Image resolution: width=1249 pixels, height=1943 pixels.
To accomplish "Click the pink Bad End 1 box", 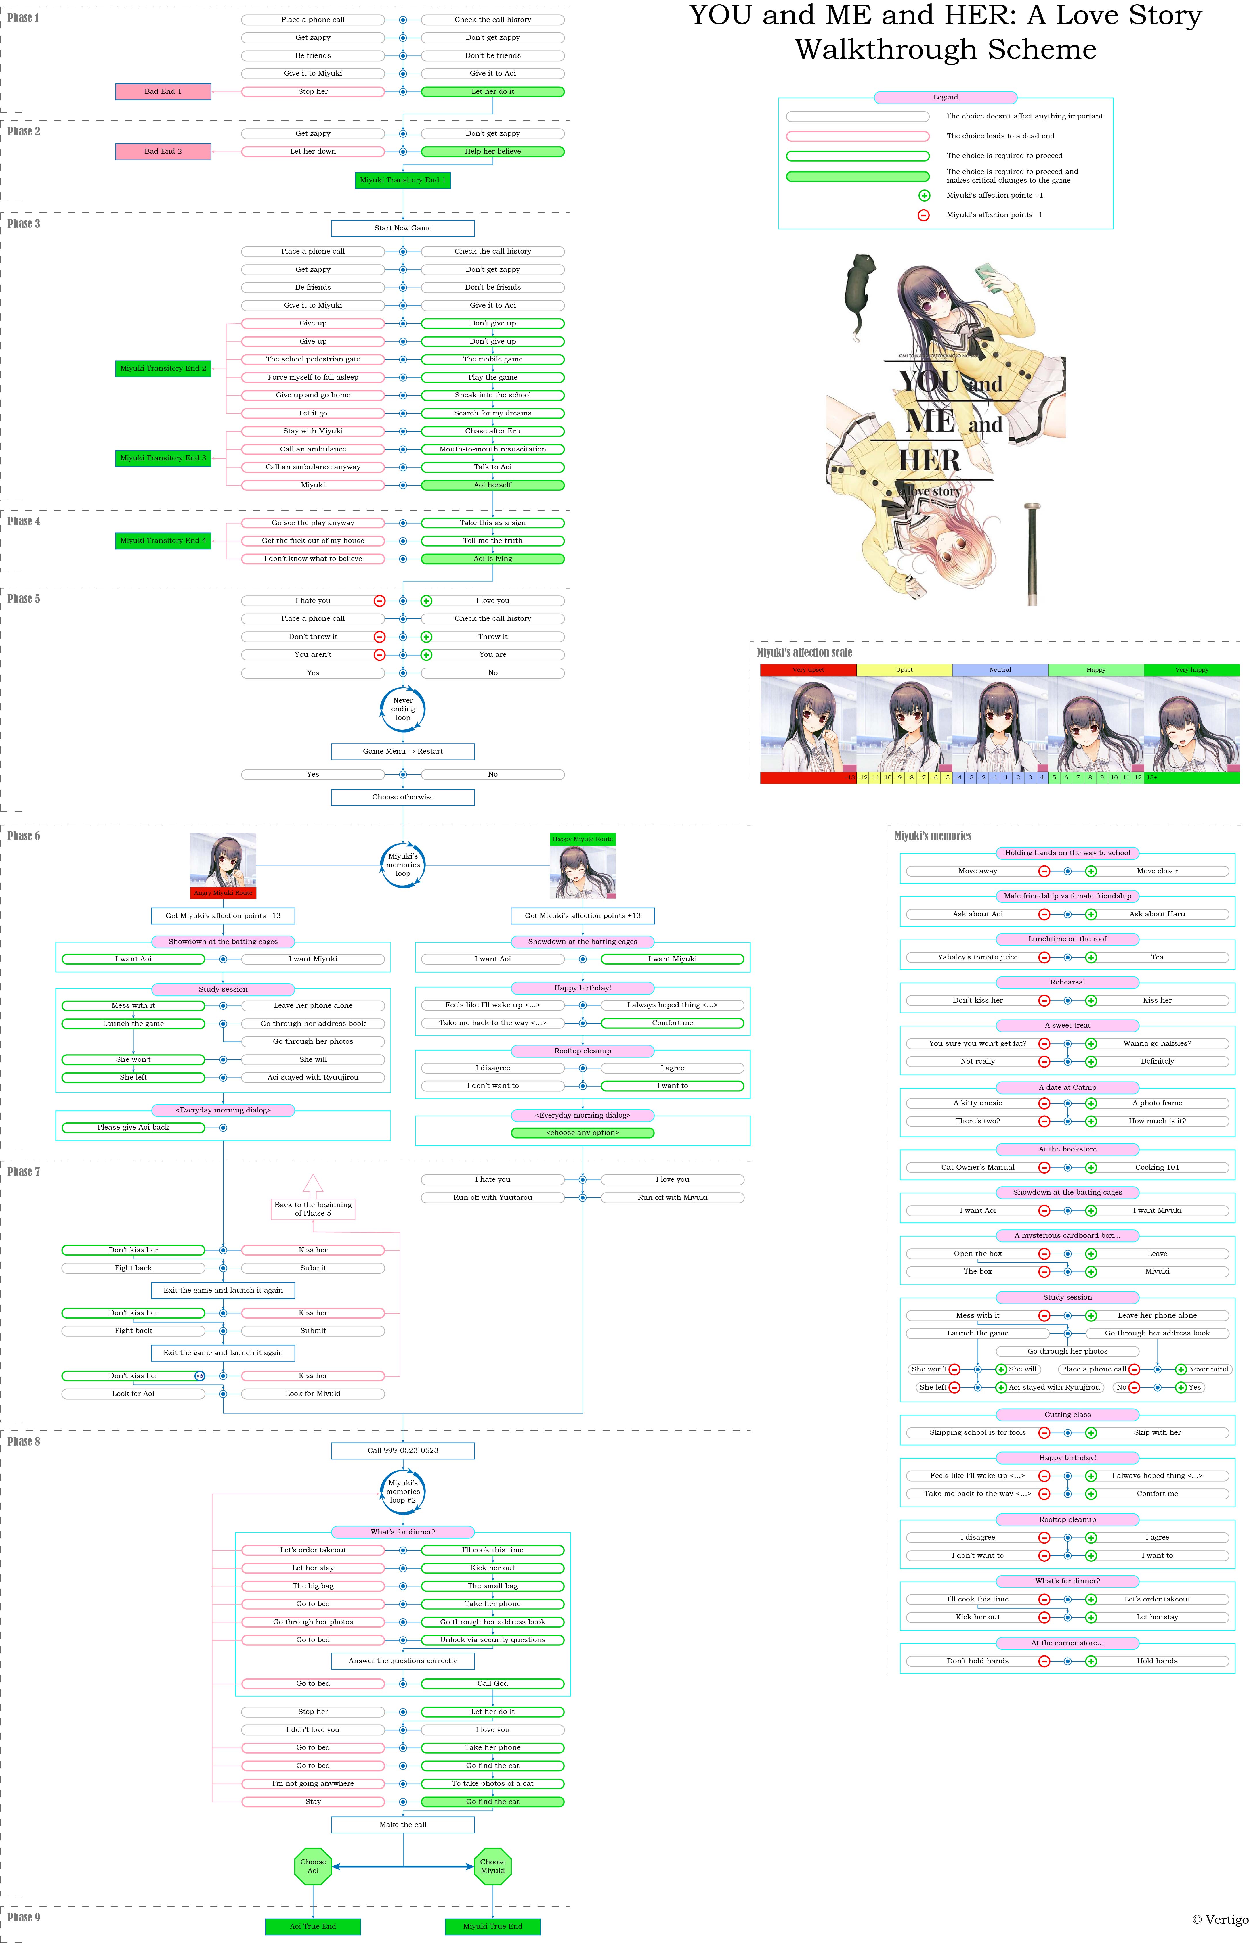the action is (163, 92).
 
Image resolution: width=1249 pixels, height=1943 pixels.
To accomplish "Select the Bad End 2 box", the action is (163, 152).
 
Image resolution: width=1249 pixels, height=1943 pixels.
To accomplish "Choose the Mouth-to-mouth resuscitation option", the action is (492, 449).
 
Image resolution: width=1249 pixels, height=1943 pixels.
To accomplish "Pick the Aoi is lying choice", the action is (492, 559).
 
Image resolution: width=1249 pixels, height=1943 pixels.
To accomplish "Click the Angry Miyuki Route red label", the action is (223, 892).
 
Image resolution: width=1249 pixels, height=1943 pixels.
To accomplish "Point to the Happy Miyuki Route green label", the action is (582, 839).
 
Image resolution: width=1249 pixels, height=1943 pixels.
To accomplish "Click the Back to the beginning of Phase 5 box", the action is (313, 1209).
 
